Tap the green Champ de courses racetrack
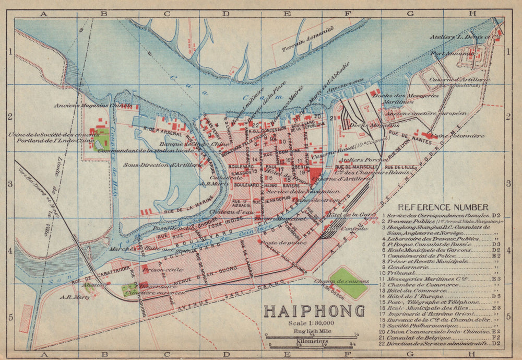(349, 283)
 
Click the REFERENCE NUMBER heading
(443, 207)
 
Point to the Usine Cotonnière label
(458, 136)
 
